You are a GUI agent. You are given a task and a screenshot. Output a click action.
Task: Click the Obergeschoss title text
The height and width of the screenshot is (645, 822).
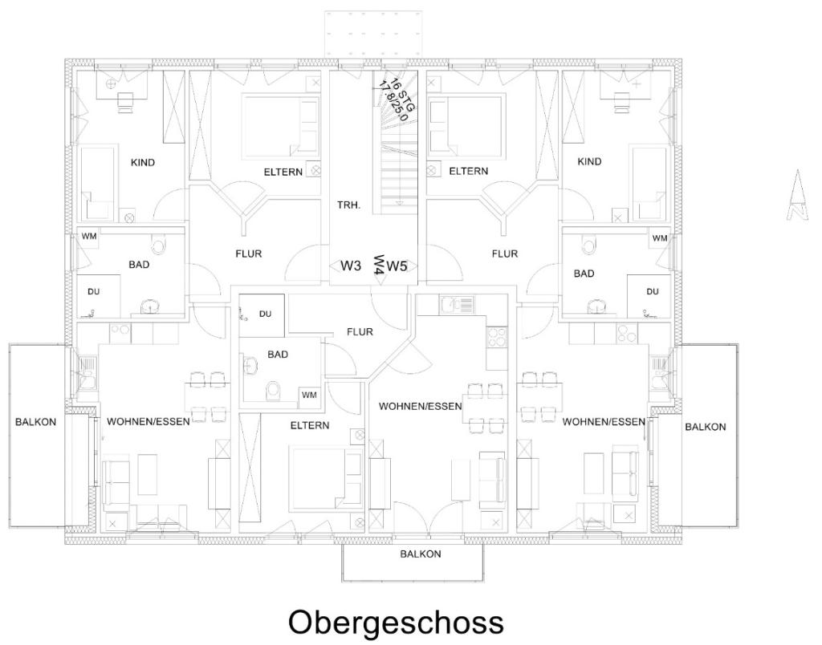(396, 622)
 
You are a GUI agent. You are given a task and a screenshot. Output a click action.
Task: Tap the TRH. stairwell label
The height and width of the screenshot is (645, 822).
(349, 205)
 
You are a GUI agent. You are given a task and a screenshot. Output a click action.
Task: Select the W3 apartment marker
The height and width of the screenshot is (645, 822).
(351, 266)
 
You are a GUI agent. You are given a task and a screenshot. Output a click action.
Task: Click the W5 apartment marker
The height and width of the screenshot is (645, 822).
(397, 266)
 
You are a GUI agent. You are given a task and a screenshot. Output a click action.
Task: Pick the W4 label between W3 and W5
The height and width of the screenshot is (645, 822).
(377, 266)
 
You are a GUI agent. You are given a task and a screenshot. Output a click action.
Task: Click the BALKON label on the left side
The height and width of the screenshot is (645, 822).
(36, 423)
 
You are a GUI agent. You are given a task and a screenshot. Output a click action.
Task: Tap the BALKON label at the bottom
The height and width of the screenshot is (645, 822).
(421, 554)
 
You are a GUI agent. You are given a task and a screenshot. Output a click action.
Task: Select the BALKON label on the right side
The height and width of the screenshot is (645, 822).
(705, 428)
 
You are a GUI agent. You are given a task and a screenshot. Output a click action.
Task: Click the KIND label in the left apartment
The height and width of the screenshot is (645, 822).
(142, 163)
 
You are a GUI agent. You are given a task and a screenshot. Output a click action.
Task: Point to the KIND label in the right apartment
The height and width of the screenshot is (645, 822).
(589, 162)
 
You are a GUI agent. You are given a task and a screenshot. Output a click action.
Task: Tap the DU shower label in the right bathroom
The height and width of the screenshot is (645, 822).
(652, 291)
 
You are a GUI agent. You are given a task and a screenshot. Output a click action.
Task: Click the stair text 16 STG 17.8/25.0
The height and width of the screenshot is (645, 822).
(394, 99)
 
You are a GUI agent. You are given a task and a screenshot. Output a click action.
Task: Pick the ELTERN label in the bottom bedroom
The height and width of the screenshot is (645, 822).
(310, 425)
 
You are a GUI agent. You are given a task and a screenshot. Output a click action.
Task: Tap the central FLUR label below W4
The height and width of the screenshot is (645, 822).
(360, 332)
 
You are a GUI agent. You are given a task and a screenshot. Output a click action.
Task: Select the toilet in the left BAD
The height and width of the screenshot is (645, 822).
(158, 244)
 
